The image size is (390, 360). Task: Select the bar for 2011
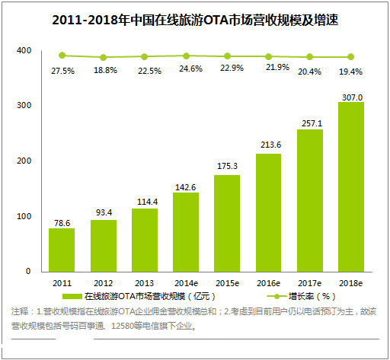[x=62, y=250]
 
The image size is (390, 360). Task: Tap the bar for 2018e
[x=351, y=186]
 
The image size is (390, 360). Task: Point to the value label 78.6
[x=62, y=222]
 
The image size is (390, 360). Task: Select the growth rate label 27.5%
[x=62, y=70]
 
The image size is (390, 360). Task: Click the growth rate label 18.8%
[x=103, y=70]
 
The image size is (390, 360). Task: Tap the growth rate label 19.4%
[x=351, y=70]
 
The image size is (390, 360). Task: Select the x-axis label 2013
[x=144, y=282]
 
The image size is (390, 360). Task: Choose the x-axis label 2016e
[x=268, y=282]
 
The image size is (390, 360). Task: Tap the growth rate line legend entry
[x=297, y=295]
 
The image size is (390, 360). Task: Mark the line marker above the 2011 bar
[x=62, y=55]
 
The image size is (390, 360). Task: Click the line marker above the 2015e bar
[x=227, y=56]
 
